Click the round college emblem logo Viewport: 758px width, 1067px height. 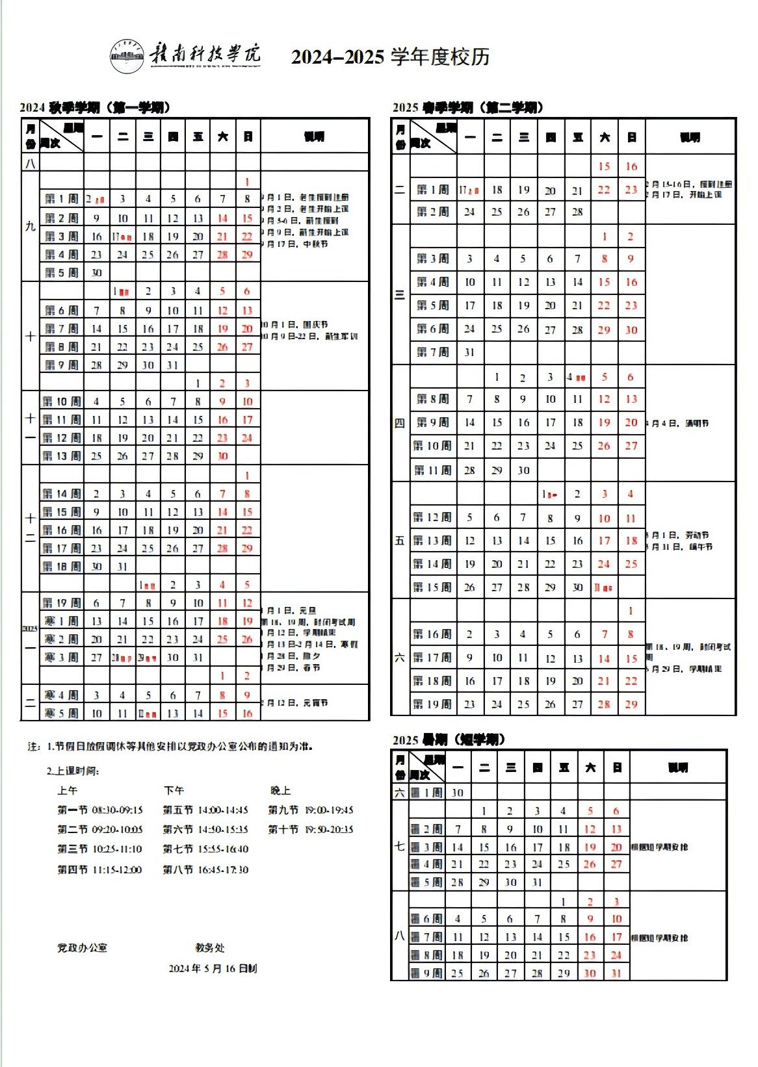click(x=127, y=56)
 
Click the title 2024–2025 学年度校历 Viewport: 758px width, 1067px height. click(x=390, y=57)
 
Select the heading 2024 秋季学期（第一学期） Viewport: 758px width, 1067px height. click(x=95, y=107)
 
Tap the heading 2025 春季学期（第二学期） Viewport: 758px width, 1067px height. click(x=468, y=107)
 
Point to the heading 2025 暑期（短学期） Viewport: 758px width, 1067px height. click(x=449, y=739)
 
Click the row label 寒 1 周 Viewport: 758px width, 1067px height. click(x=62, y=621)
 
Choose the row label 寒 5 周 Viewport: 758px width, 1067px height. click(x=62, y=713)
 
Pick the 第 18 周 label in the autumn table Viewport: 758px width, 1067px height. click(x=62, y=567)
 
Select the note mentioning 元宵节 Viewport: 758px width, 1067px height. click(x=295, y=703)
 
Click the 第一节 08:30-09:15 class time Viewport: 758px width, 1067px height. click(x=99, y=810)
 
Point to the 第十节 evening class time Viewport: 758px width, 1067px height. click(x=311, y=830)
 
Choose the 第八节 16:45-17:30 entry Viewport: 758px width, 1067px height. click(x=205, y=869)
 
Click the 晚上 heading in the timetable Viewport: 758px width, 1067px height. click(x=280, y=791)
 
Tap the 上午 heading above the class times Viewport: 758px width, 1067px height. click(x=67, y=791)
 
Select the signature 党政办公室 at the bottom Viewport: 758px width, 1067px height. click(x=83, y=947)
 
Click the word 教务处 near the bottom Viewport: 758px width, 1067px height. click(x=209, y=947)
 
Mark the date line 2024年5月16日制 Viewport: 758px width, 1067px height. click(x=213, y=968)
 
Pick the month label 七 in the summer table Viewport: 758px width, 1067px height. click(x=399, y=846)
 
